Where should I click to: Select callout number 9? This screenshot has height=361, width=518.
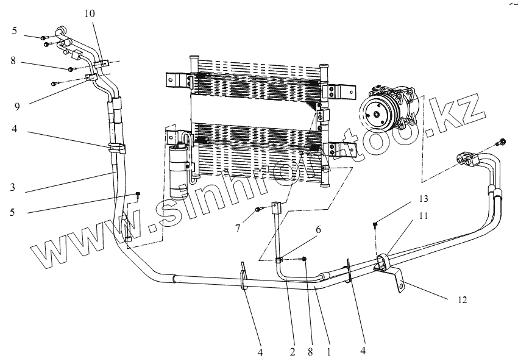pos(18,106)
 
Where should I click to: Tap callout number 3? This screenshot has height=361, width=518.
pos(12,188)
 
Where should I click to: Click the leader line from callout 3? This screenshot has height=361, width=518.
pos(67,182)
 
